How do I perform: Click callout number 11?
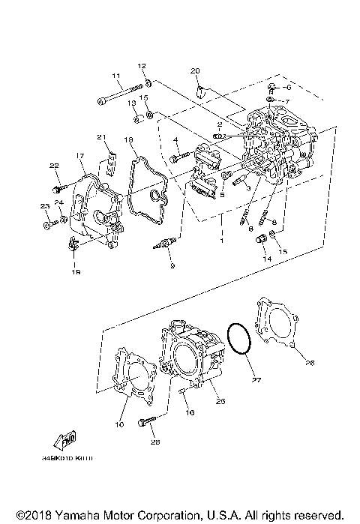click(116, 76)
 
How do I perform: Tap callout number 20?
click(195, 70)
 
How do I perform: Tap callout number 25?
click(220, 402)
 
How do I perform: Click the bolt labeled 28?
click(146, 424)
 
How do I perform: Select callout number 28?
click(155, 443)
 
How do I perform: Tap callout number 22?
click(54, 166)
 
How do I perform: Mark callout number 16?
click(190, 412)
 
